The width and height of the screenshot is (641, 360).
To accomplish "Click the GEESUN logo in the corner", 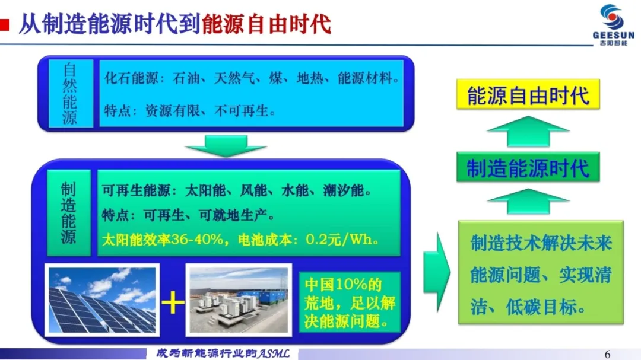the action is (613, 25).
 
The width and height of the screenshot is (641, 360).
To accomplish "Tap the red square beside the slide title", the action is (5, 25).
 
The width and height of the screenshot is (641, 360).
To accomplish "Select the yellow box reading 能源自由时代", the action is (528, 94).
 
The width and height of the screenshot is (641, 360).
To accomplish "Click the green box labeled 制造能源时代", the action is (528, 167).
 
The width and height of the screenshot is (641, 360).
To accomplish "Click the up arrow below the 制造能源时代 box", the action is (528, 202).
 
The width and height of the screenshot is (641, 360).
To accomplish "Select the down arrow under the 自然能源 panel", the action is (226, 146).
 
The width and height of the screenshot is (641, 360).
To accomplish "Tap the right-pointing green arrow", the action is (437, 272).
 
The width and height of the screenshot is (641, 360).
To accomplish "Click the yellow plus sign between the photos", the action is (173, 303).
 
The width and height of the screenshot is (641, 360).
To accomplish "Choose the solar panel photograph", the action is (102, 300).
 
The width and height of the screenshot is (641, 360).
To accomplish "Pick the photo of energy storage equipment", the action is (239, 300).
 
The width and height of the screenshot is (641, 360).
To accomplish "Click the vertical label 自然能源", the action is (70, 94).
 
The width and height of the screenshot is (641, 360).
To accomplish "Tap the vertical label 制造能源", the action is (69, 213).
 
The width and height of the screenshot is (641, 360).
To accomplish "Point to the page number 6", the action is (607, 354).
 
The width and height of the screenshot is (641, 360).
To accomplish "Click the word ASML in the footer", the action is (273, 353).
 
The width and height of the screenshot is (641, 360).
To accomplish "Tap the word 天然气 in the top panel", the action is (234, 78).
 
